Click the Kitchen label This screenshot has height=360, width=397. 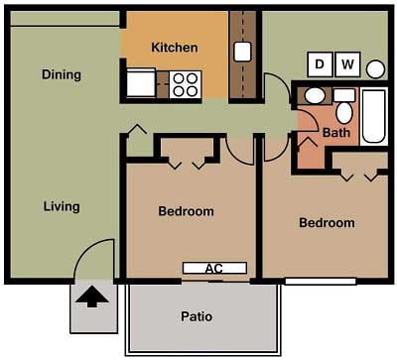(x=175, y=48)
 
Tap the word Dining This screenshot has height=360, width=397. (x=62, y=74)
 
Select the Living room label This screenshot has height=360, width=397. (x=62, y=206)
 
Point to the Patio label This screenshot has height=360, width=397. (x=197, y=316)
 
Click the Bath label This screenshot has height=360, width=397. (x=336, y=133)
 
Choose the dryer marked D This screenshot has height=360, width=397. (x=320, y=64)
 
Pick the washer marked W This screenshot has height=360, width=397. (x=347, y=64)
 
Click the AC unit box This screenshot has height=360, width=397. (x=214, y=268)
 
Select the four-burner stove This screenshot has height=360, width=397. (x=185, y=84)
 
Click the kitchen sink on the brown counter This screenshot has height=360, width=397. (x=242, y=52)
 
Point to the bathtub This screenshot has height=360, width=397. (x=374, y=116)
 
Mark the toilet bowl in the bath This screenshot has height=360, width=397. (x=344, y=112)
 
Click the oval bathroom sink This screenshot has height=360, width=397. (x=315, y=96)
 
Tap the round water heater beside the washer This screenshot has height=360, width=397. (x=375, y=69)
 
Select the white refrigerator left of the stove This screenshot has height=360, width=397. (x=141, y=82)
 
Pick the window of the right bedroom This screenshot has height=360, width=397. (x=321, y=282)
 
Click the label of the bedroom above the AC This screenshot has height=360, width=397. (x=186, y=211)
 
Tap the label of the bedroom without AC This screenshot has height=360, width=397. (x=327, y=223)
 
